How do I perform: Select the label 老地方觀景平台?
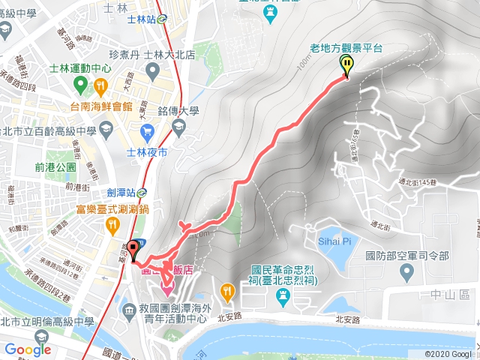click(x=346, y=48)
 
